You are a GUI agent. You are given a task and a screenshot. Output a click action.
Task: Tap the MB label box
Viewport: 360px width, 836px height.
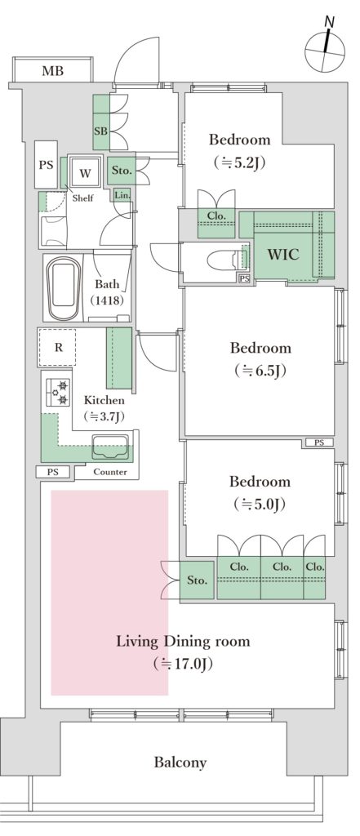[x=53, y=70]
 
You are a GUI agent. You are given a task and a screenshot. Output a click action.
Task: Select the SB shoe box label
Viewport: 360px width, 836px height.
[x=100, y=130]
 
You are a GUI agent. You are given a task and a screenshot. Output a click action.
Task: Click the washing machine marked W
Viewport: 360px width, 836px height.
[x=85, y=173]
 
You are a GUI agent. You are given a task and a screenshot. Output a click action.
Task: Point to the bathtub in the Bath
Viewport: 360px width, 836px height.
[x=64, y=289]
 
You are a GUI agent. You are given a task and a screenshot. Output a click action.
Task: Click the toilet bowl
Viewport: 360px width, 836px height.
[x=222, y=260]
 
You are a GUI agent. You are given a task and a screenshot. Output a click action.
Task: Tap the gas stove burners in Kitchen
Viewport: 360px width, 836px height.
[x=58, y=392]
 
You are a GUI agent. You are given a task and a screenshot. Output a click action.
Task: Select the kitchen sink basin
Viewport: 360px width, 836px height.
[x=110, y=447]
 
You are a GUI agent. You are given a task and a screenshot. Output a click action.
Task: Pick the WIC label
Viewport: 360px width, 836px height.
[x=283, y=255]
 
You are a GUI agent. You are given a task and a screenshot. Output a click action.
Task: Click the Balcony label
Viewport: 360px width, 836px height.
[x=180, y=763]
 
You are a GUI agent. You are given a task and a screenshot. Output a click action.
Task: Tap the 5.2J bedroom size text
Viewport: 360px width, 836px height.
[x=239, y=162]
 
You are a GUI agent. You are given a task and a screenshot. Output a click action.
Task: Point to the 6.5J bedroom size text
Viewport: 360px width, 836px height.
[x=260, y=371]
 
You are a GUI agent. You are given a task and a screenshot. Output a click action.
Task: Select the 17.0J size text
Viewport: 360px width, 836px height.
[x=183, y=664]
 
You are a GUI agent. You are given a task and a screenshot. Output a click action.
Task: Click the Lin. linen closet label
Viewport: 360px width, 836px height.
[x=122, y=196]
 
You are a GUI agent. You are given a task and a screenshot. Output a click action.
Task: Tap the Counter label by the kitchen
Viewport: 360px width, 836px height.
[x=110, y=472]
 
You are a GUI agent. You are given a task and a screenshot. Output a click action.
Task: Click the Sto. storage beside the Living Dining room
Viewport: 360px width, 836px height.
[x=198, y=580]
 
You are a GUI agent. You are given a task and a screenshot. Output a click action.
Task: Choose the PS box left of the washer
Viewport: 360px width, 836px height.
[x=46, y=165]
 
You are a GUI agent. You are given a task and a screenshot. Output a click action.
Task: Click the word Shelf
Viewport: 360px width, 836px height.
[x=82, y=198]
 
